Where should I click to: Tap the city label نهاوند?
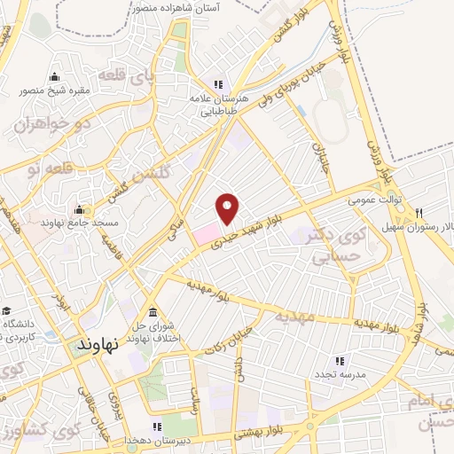92,343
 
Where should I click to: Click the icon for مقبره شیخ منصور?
55,76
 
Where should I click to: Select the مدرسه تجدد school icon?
339,361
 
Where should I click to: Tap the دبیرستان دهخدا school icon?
158,427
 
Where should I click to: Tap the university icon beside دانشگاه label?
7,310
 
